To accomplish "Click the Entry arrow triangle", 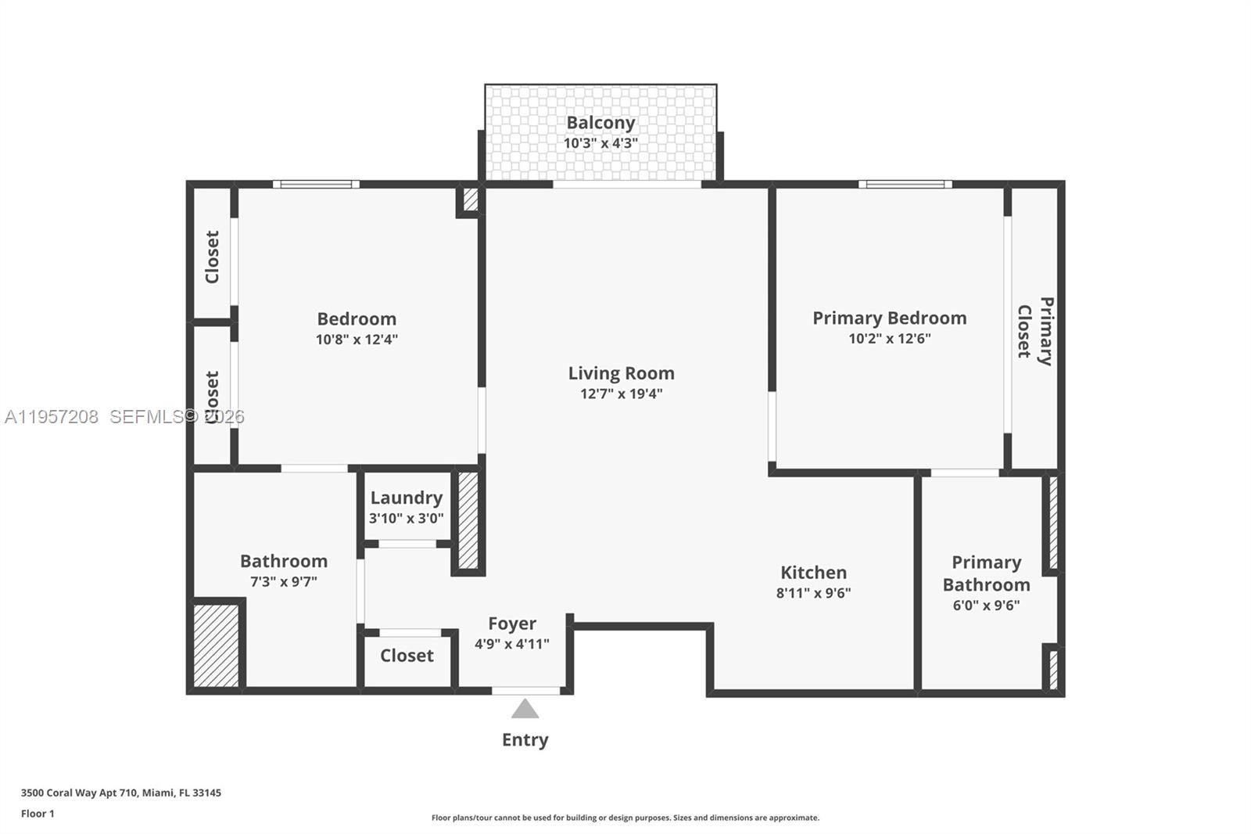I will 525,710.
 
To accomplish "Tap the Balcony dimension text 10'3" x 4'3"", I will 600,144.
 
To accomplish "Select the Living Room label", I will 621,373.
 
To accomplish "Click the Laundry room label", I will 406,498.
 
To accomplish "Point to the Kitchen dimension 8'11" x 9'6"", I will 813,593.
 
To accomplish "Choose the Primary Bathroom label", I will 986,573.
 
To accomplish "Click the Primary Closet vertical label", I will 1034,330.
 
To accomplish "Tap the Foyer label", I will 512,624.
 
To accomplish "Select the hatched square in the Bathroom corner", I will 216,645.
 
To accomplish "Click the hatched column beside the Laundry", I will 468,519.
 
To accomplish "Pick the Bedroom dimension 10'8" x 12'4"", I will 357,340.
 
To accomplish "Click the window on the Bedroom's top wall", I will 316,185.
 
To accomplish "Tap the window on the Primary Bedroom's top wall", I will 905,185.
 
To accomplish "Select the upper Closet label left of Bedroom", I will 212,257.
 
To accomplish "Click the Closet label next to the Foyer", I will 407,656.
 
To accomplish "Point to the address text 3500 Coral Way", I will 120,793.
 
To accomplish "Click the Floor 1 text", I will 38,814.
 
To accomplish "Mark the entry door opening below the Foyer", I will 525,691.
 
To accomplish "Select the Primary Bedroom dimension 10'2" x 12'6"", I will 889,339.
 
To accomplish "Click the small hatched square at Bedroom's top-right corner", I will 470,200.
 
